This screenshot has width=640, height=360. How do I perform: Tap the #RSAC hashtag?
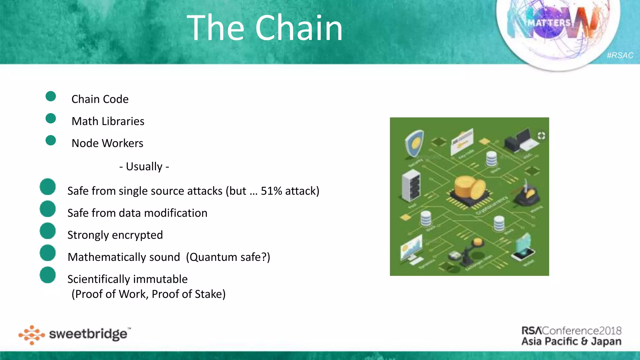tap(620, 55)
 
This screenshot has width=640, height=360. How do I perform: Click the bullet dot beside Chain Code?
tap(51, 96)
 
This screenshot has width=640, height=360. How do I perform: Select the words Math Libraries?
tap(108, 121)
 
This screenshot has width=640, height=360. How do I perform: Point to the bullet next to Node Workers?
tap(51, 140)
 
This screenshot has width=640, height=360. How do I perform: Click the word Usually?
tap(144, 167)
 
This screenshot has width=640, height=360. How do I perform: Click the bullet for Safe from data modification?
tap(48, 209)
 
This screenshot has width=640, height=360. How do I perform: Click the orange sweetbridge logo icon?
tap(32, 335)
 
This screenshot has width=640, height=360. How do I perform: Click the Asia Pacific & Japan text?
tap(571, 341)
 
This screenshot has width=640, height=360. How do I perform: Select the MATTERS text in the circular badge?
tap(549, 23)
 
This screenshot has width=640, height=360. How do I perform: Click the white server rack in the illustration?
tap(411, 185)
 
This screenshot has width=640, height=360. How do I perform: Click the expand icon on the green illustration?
tap(541, 136)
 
